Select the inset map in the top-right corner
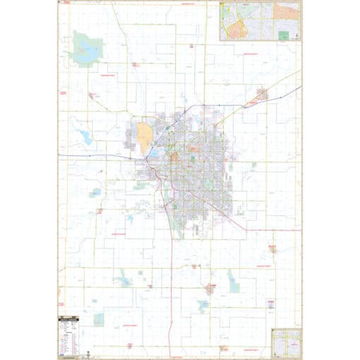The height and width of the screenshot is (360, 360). [x=260, y=20]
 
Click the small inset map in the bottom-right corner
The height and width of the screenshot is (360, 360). [x=287, y=342]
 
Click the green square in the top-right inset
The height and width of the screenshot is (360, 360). [x=283, y=35]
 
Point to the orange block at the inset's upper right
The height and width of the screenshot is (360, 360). [x=287, y=11]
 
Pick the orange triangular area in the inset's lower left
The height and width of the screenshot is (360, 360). [x=234, y=28]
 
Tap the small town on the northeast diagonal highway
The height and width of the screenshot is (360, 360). [x=262, y=93]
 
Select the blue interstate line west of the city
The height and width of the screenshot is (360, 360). [x=92, y=156]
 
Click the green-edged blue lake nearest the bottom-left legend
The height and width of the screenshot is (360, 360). [x=98, y=319]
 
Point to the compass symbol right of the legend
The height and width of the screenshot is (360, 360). [x=85, y=351]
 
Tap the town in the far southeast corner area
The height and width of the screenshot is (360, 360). [x=272, y=248]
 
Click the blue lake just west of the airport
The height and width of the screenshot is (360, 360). [x=88, y=138]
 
